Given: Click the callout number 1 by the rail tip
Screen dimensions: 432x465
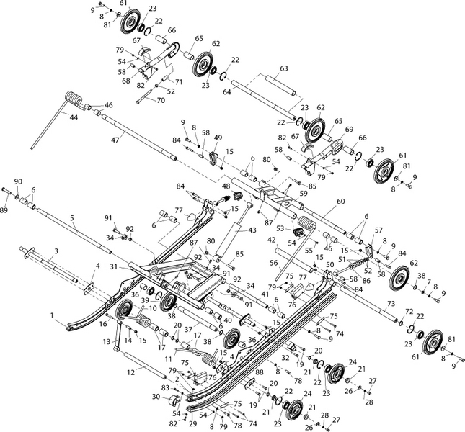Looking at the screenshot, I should click(52, 315).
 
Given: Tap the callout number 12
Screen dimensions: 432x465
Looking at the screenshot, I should click(131, 372).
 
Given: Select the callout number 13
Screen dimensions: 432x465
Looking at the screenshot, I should click(107, 341).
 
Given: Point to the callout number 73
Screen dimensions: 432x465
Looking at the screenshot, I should click(390, 305).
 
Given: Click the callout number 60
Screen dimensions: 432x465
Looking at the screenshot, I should click(341, 202).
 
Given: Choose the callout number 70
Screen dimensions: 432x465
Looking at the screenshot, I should click(161, 102).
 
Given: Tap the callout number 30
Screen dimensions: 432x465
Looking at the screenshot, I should click(156, 396).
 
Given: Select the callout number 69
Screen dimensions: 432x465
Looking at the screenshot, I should click(350, 129).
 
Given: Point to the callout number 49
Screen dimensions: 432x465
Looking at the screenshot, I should click(218, 138).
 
